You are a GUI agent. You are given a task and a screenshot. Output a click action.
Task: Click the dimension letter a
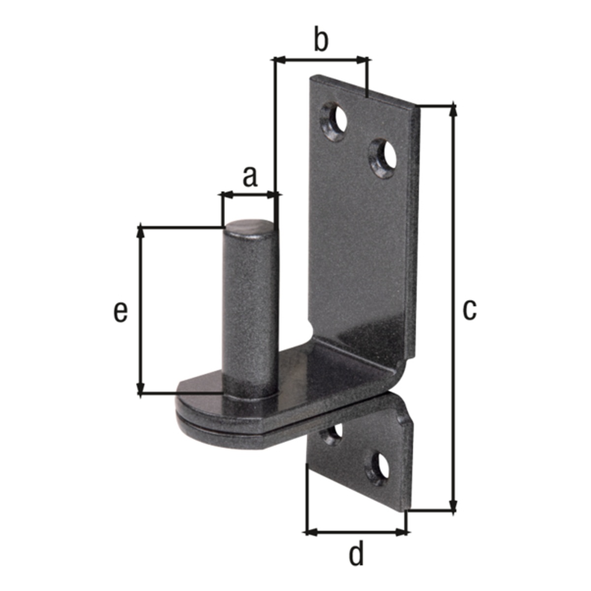click(250, 178)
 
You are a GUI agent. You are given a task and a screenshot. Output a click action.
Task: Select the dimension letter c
click(469, 310)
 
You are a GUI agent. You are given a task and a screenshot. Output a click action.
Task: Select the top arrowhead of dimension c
click(454, 111)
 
